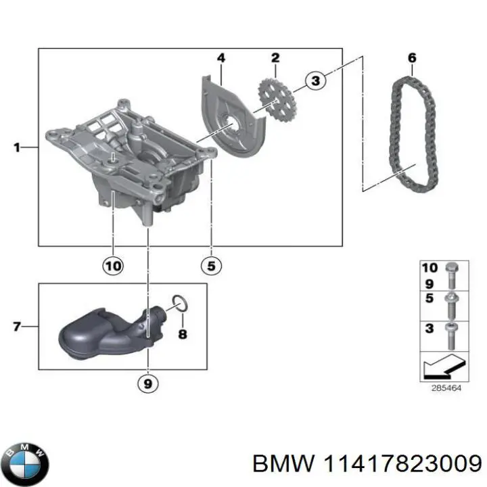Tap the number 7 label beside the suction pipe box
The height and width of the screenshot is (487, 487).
(18, 327)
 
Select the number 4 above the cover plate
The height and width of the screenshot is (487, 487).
(221, 58)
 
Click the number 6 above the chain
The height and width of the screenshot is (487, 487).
(411, 58)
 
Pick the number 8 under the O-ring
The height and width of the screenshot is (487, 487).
(182, 334)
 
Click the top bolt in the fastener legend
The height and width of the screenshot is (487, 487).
(450, 276)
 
